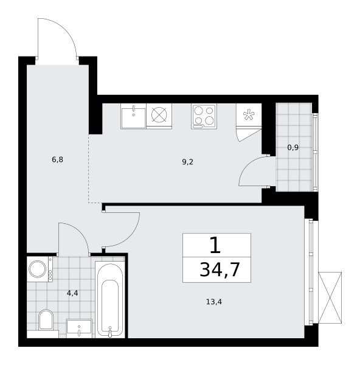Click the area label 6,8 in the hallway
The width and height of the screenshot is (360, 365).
[58, 160]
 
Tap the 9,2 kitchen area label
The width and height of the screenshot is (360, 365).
[187, 162]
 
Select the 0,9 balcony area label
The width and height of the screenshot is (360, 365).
[293, 148]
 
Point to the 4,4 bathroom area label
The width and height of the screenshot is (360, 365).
[72, 293]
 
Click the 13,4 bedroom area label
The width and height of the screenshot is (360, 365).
[214, 302]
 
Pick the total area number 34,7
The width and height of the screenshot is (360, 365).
[220, 269]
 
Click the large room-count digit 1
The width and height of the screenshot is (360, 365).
[215, 245]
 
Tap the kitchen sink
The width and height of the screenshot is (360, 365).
[133, 116]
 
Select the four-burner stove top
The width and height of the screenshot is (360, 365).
[204, 116]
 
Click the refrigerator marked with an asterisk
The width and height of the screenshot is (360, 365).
[249, 115]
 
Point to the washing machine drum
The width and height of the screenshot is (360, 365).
[38, 269]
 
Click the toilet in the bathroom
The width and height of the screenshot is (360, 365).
[46, 320]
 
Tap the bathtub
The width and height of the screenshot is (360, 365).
[110, 299]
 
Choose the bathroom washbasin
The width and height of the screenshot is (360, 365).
[79, 328]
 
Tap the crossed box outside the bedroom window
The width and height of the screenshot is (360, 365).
[330, 297]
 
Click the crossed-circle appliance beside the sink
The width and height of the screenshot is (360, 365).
[159, 115]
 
